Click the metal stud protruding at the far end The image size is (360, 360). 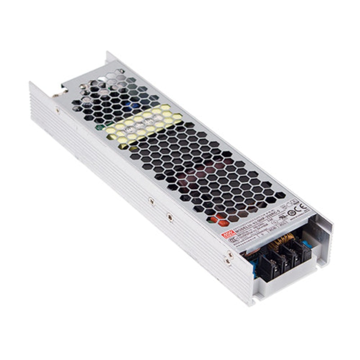click(57, 94)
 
